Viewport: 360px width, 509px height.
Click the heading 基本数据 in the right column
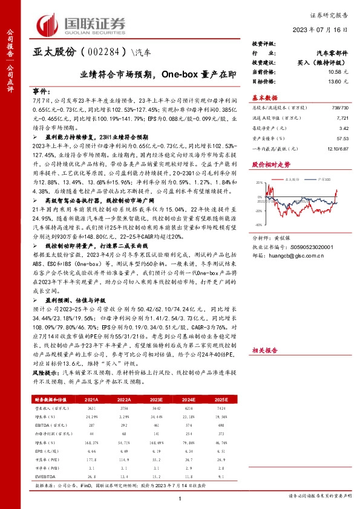[x=264, y=97]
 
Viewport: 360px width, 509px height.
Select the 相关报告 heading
[x=264, y=332]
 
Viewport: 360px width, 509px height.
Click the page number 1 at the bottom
[x=180, y=498]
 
